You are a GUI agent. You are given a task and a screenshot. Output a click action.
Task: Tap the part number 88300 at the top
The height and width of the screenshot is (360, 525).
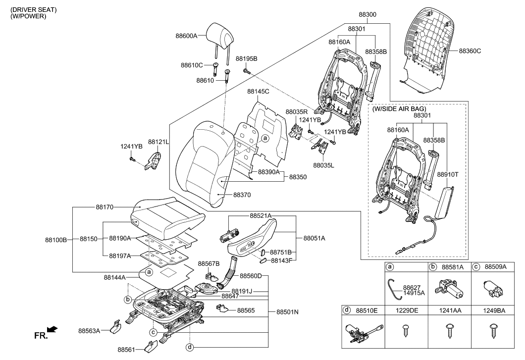(x=367, y=15)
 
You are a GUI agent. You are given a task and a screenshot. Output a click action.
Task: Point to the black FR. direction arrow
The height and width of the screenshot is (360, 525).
(x=51, y=329)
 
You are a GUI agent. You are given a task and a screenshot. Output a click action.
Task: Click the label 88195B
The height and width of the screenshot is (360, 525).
(x=246, y=58)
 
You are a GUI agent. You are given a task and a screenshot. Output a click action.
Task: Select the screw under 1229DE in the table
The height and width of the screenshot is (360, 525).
(x=406, y=328)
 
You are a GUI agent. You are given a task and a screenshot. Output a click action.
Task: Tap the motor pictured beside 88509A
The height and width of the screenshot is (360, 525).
(x=492, y=287)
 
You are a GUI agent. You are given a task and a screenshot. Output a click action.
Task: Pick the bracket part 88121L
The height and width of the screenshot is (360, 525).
(x=155, y=161)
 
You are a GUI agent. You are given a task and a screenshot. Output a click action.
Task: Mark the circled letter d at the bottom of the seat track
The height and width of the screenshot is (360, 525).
(x=190, y=347)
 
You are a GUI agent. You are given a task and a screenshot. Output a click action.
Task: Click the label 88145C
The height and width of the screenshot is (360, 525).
(x=259, y=92)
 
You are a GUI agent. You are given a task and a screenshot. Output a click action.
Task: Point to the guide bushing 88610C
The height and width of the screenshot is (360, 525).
(x=216, y=68)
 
